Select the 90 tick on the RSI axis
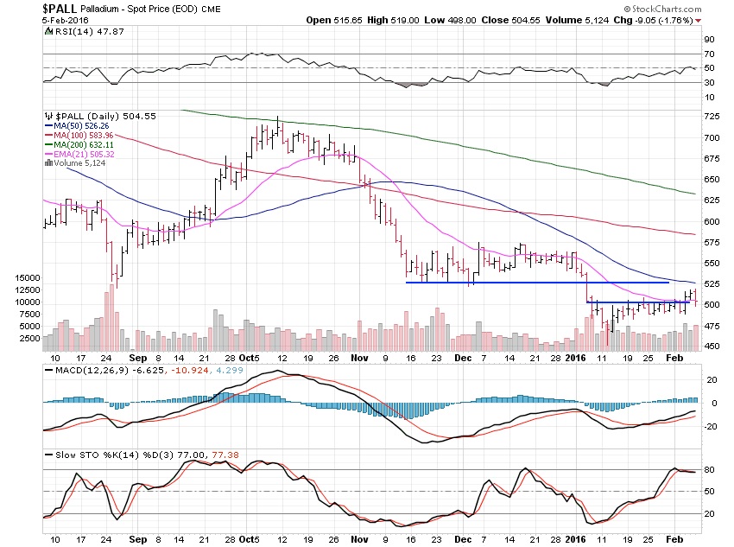coord(708,40)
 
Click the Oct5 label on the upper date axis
coord(250,356)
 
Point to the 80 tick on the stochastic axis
coord(708,469)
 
